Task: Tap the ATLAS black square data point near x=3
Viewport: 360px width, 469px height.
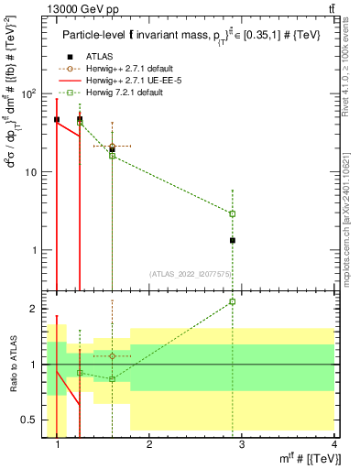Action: [x=233, y=240]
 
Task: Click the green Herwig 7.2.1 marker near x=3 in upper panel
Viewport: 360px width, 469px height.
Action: [x=233, y=213]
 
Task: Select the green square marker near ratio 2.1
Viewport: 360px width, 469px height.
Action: [x=233, y=301]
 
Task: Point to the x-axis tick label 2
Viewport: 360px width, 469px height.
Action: [x=149, y=444]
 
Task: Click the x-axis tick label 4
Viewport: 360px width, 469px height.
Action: [x=334, y=444]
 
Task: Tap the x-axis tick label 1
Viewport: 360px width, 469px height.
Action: [x=58, y=444]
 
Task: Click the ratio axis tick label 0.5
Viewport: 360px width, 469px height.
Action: [x=33, y=420]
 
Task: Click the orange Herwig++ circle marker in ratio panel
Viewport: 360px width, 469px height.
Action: [x=112, y=355]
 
